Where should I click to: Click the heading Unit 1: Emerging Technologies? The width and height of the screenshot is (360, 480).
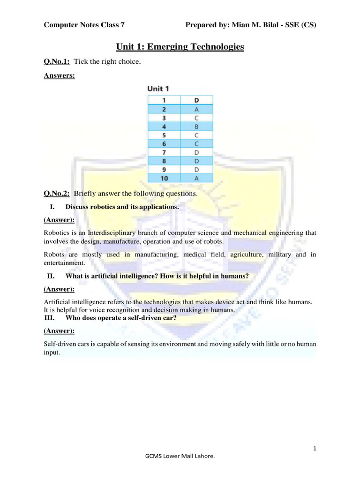tap(180, 47)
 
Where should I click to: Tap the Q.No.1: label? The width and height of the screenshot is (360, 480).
tap(57, 62)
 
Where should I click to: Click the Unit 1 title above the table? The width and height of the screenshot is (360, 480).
tap(158, 88)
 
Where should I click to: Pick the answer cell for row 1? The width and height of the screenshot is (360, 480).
tap(196, 100)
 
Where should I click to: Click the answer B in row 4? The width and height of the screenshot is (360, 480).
tap(196, 126)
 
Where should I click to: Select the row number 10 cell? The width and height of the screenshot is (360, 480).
tap(164, 178)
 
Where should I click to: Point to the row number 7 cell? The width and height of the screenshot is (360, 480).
tap(164, 152)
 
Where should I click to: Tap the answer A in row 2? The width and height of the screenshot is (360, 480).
tap(196, 109)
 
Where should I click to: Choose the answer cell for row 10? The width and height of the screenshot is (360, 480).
tap(196, 178)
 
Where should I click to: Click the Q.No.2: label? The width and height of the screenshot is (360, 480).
tap(57, 193)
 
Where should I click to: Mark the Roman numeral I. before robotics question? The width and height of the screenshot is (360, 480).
tap(52, 206)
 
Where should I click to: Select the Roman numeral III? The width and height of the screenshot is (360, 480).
tap(50, 318)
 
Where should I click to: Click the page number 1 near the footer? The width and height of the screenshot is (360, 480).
tap(315, 449)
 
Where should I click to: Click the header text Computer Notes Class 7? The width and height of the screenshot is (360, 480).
tap(84, 25)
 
